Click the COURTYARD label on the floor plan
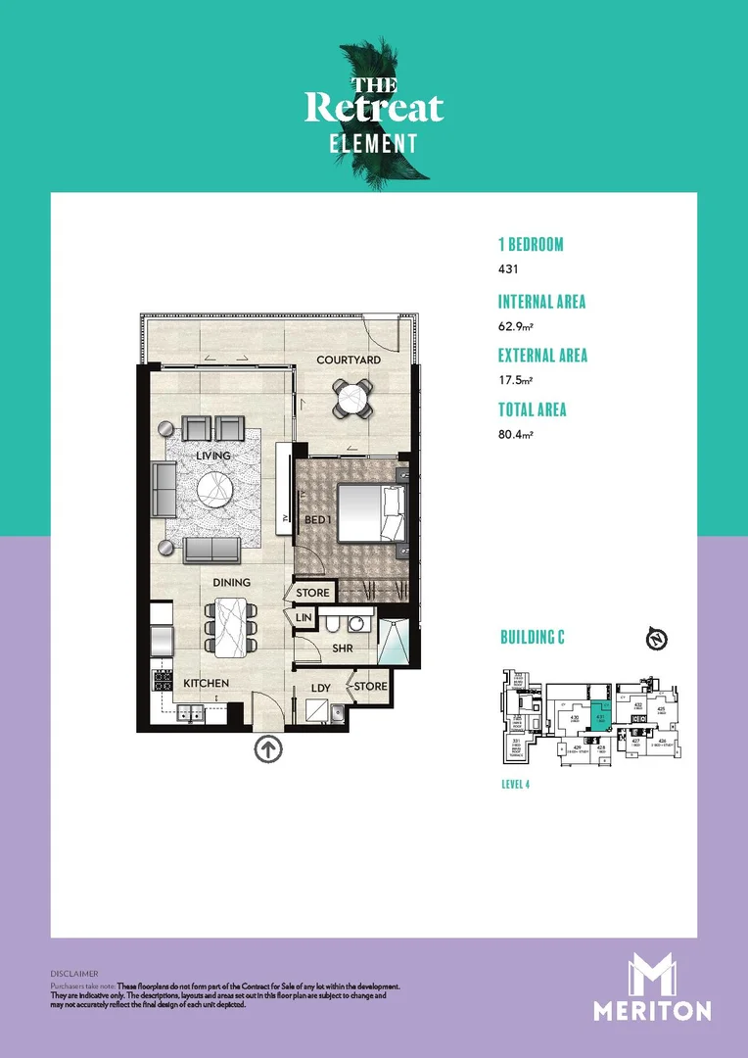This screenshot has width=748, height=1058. click(349, 361)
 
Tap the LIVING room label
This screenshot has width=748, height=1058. click(213, 457)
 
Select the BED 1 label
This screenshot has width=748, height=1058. click(315, 519)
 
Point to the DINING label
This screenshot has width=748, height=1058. click(232, 583)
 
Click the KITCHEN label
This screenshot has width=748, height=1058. click(205, 683)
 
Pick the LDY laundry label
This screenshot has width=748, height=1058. click(320, 689)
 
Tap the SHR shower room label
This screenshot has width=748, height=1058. click(342, 649)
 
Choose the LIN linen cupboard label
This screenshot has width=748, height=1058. click(304, 618)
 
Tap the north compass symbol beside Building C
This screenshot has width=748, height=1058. click(658, 640)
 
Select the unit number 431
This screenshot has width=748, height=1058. click(507, 269)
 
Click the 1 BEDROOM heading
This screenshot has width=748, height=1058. click(531, 245)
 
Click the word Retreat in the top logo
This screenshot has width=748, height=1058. click(374, 108)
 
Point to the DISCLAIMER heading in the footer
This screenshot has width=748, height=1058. click(74, 974)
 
